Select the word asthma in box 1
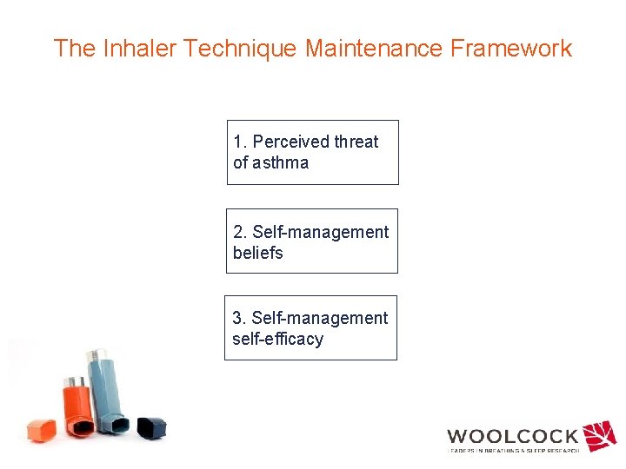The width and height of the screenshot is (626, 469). (281, 162)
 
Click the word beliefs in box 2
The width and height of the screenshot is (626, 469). (258, 253)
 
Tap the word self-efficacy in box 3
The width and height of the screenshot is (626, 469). (277, 339)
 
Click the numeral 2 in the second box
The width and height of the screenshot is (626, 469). (238, 232)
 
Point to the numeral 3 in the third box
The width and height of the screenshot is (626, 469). (237, 318)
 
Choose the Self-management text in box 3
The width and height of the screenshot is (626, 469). (320, 318)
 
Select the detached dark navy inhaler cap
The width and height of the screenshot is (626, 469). (151, 427)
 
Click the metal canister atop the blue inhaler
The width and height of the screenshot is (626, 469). (93, 358)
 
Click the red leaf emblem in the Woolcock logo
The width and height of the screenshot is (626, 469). (599, 435)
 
